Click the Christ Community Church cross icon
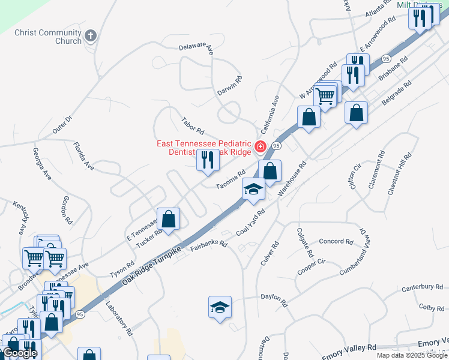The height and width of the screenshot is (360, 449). [x=90, y=37]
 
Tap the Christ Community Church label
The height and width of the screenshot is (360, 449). [x=47, y=37]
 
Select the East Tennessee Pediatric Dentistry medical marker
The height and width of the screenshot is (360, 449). [x=261, y=146]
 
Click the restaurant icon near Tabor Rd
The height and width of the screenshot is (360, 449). [x=208, y=161]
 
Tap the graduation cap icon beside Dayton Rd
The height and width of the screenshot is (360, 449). [x=220, y=307]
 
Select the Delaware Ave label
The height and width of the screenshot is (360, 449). [x=196, y=48]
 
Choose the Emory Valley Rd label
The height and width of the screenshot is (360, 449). [x=352, y=347]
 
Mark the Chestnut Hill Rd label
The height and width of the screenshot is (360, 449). [x=399, y=173]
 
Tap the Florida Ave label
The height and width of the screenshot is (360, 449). [x=83, y=155]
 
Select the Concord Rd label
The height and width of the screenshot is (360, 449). [x=336, y=242]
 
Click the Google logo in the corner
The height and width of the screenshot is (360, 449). [x=20, y=353]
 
